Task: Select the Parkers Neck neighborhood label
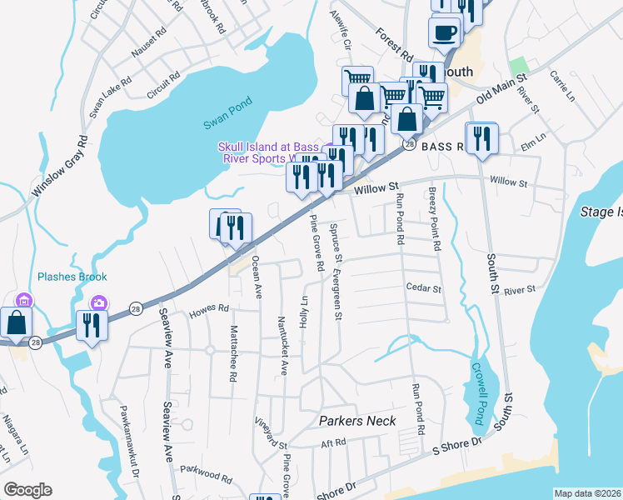point(357,421)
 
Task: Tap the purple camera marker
point(99,302)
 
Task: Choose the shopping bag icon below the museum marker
point(17,322)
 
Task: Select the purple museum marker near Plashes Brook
point(24,301)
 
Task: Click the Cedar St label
point(422,289)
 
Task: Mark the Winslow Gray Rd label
point(59,167)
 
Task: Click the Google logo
point(27,490)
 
